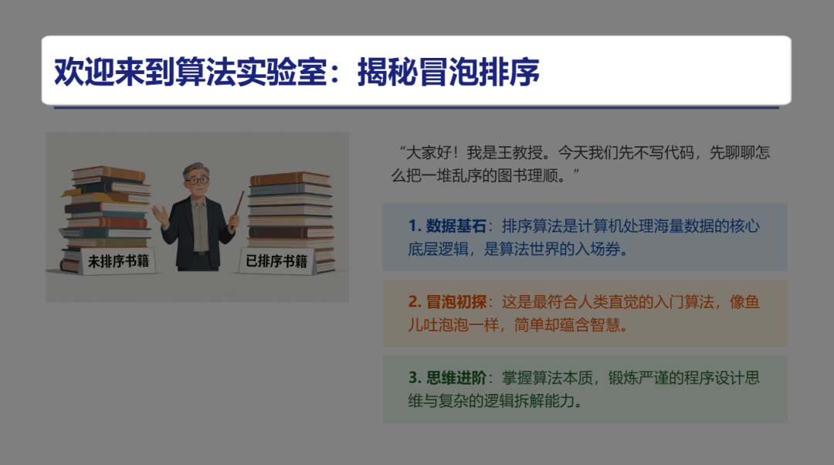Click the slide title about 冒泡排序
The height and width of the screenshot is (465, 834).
(297, 72)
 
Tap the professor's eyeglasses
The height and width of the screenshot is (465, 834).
(198, 180)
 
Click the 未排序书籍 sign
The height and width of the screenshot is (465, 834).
(119, 261)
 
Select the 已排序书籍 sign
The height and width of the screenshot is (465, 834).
(276, 261)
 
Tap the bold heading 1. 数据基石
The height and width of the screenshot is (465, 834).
(448, 226)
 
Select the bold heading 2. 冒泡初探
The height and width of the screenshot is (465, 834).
(448, 302)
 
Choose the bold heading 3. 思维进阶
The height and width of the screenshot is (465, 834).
(448, 378)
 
